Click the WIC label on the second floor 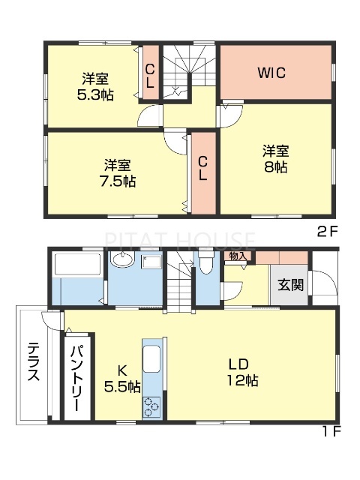[x=272, y=73]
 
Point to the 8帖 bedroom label [x=275, y=157]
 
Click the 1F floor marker [x=331, y=432]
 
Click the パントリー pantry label [x=77, y=374]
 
